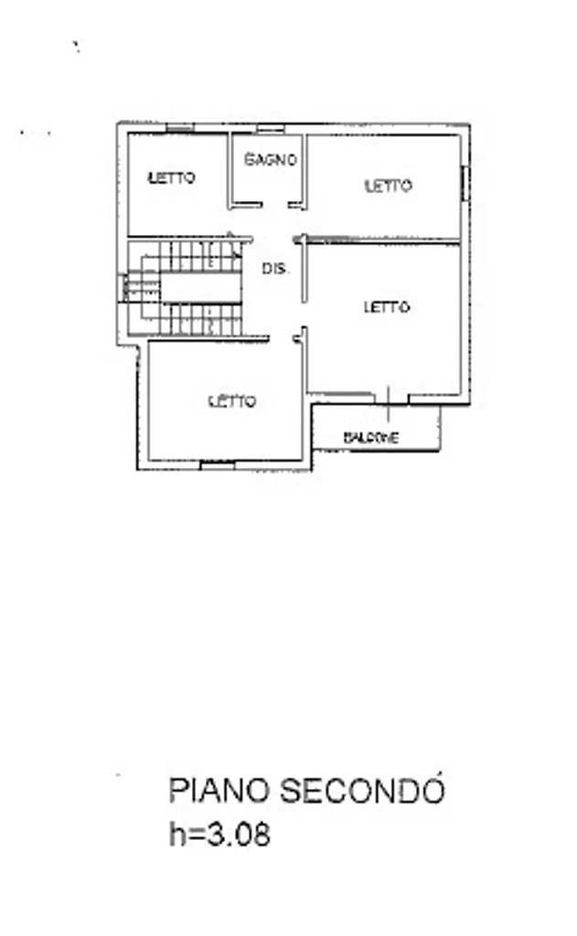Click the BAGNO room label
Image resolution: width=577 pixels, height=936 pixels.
[x=271, y=159]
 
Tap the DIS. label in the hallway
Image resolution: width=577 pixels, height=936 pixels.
[x=274, y=269]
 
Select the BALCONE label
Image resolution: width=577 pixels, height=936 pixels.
[x=371, y=438]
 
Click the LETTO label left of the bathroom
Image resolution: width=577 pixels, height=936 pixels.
[x=172, y=177]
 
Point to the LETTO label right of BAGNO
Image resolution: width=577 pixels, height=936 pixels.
[x=389, y=186]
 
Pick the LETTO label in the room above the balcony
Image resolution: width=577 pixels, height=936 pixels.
[x=387, y=307]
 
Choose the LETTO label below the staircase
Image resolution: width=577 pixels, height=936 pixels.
[x=232, y=401]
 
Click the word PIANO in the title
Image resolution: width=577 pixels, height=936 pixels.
[x=219, y=791]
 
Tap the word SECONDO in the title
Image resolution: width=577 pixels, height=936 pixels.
[x=363, y=789]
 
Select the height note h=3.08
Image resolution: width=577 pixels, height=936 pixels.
[x=219, y=834]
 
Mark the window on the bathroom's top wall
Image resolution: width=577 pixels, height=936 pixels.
[x=270, y=128]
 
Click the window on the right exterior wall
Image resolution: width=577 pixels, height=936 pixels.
[x=465, y=183]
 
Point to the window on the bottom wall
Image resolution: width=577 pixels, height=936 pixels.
[x=218, y=464]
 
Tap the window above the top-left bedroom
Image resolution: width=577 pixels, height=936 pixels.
[x=180, y=127]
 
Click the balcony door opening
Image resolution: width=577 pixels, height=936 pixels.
[x=390, y=399]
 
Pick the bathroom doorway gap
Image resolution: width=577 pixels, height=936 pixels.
[x=275, y=206]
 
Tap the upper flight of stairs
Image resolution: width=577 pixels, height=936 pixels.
[x=192, y=256]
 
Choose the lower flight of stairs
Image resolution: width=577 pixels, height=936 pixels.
[x=192, y=319]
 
